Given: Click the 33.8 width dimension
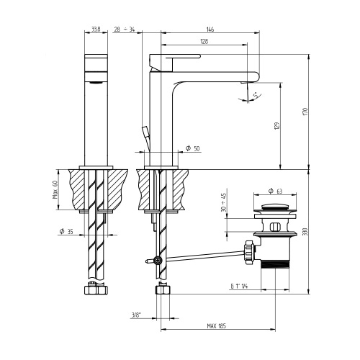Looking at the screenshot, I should coord(96,30).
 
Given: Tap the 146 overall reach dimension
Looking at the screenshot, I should coord(210,30).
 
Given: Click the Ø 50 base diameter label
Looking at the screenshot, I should coord(192,148).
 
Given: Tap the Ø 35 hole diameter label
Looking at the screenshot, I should coord(65,232).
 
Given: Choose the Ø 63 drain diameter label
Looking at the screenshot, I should coord(274,191).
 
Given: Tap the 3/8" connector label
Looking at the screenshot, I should coord(136,314).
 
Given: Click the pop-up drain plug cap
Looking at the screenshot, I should coord(274,210).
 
